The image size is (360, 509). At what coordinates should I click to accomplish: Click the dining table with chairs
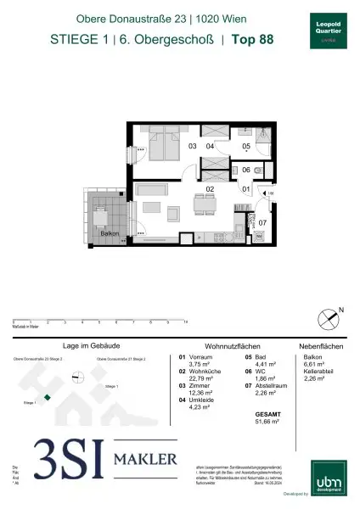click(203, 205)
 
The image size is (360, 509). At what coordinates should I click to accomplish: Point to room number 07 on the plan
click(262, 223)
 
